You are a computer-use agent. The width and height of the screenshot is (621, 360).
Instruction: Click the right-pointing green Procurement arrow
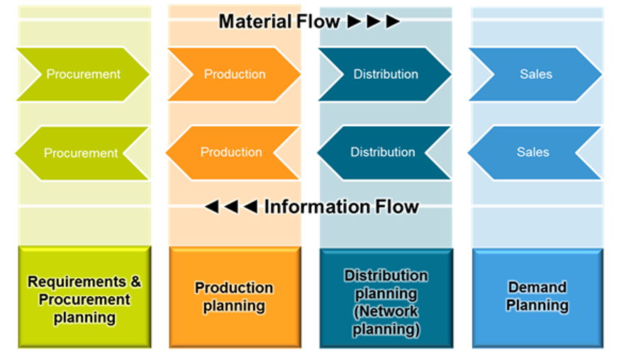(x=83, y=74)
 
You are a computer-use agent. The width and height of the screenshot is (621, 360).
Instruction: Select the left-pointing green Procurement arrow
(x=82, y=152)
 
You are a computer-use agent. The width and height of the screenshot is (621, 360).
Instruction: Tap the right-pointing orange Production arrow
(x=235, y=74)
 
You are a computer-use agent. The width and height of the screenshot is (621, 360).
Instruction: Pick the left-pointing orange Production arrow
(x=232, y=152)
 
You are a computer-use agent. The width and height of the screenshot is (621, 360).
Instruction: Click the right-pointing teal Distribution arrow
(x=385, y=74)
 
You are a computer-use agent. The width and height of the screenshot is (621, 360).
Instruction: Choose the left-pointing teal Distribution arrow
(x=383, y=152)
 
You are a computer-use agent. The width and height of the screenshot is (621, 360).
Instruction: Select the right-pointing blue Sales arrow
(x=535, y=74)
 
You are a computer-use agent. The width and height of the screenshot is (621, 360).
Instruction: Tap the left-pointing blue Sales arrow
(x=533, y=152)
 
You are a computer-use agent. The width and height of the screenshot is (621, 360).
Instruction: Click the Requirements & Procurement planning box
(x=84, y=298)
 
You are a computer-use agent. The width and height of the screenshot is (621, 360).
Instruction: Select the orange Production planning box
(x=235, y=298)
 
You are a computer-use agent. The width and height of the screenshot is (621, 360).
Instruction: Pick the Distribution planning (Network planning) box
(x=386, y=298)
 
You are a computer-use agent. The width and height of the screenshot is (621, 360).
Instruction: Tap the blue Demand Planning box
(x=537, y=298)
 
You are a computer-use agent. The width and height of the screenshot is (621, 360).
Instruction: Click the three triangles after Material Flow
(x=374, y=21)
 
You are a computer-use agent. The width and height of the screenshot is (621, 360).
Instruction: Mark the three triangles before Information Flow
(x=231, y=207)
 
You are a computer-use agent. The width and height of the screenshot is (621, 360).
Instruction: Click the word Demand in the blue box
(x=537, y=287)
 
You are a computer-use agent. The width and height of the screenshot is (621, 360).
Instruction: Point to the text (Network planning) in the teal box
(x=386, y=320)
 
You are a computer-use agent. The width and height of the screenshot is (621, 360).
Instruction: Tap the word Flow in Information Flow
(x=393, y=207)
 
